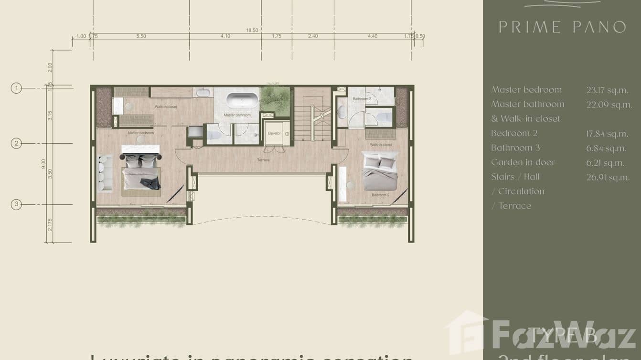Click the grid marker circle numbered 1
tap(16, 88)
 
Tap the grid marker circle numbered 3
tap(16, 205)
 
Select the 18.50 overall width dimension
tap(252, 30)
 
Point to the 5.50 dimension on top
tap(141, 36)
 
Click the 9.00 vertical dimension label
tap(43, 164)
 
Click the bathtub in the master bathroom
tap(242, 100)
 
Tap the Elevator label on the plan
tap(274, 133)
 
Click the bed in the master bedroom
tap(141, 174)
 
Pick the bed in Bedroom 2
tap(380, 171)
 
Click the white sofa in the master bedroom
tap(104, 173)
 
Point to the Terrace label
tap(263, 160)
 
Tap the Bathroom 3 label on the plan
tap(362, 99)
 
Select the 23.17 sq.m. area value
tap(607, 90)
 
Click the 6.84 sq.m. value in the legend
tap(606, 148)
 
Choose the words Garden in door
tap(523, 162)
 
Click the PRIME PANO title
tap(562, 27)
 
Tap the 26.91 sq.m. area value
tap(608, 177)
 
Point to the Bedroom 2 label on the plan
tap(381, 195)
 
